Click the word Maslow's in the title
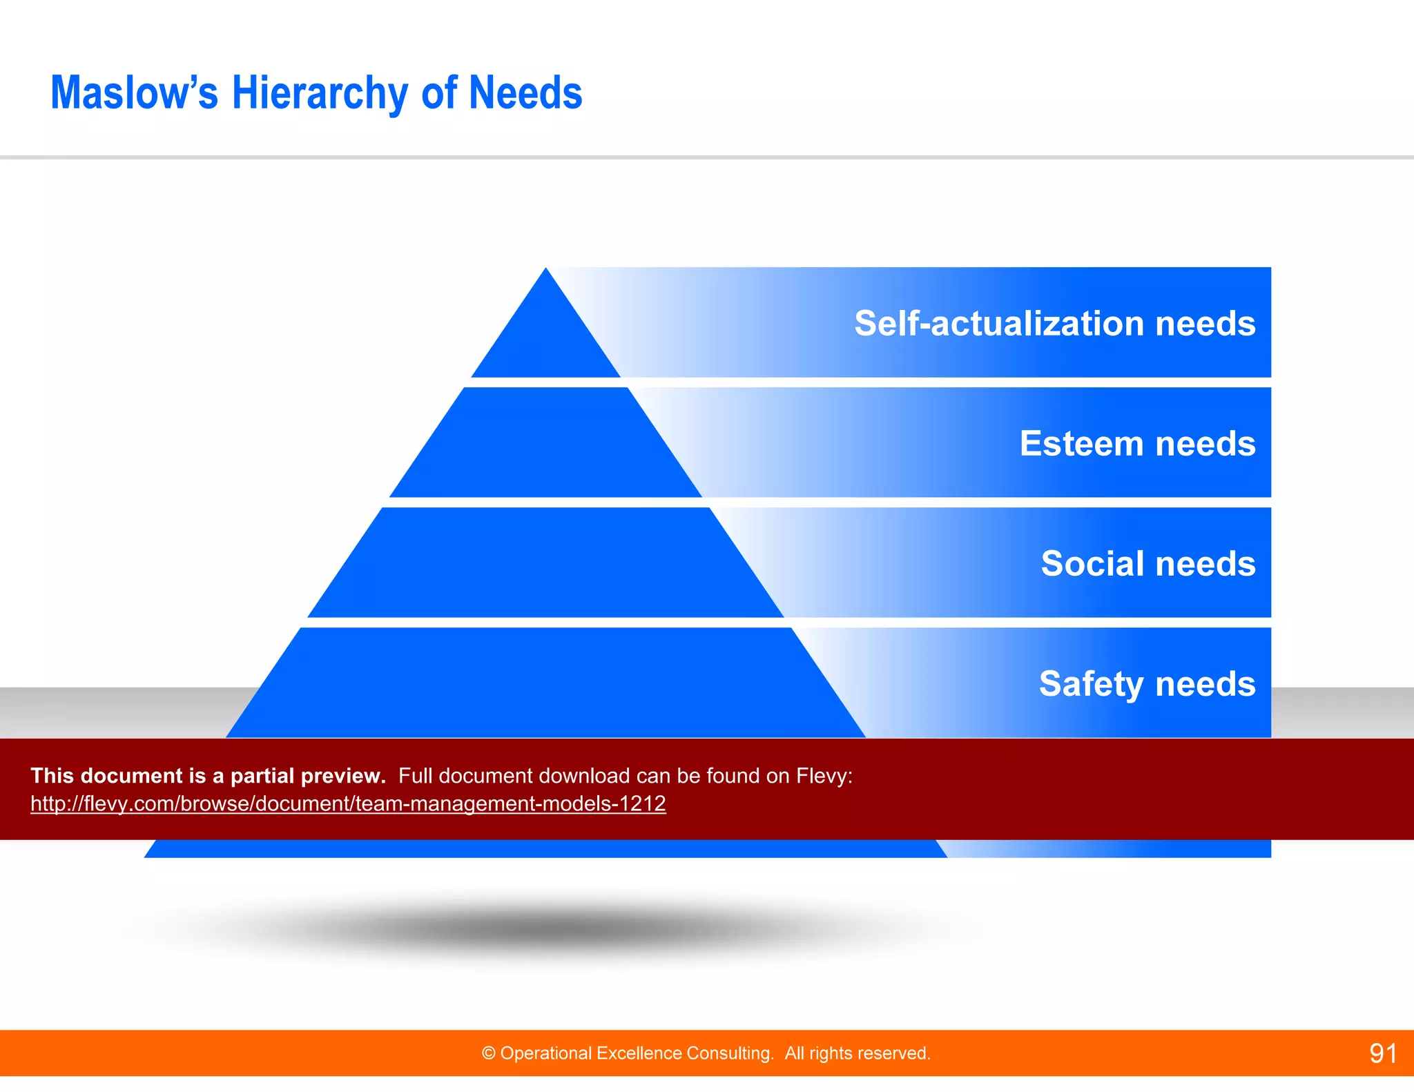134,93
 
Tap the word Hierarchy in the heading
320,93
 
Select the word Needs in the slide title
525,93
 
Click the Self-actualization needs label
1054,323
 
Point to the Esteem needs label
1137,443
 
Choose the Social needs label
1147,563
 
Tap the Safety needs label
1147,683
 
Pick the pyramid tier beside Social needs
545,563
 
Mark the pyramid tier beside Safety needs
545,683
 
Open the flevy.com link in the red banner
348,803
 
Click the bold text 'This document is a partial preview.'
208,776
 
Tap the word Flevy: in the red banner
824,776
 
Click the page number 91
1383,1053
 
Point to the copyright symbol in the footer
489,1053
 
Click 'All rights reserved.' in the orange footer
857,1053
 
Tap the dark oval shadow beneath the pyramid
545,928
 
